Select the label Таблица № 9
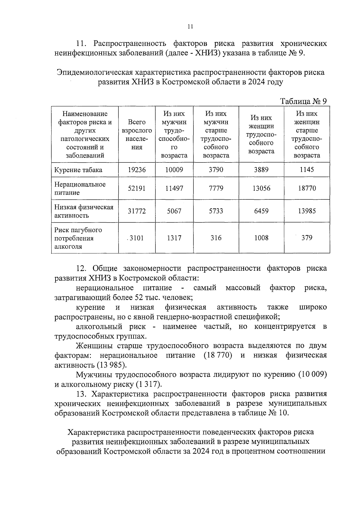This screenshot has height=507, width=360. click(x=303, y=101)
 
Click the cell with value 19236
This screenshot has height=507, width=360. click(x=137, y=170)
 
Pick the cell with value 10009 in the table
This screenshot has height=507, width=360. click(x=174, y=170)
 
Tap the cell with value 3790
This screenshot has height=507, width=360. click(x=216, y=170)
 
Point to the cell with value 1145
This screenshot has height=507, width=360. click(x=307, y=170)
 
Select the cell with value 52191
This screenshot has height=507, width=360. click(x=137, y=188)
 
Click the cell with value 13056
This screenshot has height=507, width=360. click(x=261, y=188)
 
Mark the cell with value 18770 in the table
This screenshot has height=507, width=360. click(x=307, y=188)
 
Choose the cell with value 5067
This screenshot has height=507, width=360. click(x=174, y=211)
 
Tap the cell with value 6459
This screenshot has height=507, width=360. click(x=261, y=211)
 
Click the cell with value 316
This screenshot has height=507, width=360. click(x=216, y=238)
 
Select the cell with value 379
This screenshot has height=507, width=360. click(x=307, y=238)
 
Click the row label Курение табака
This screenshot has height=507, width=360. click(x=78, y=170)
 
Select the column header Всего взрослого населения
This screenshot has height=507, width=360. click(x=137, y=135)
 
